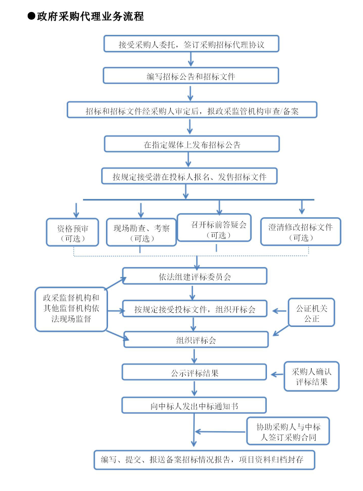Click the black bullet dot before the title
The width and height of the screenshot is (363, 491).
[x=31, y=16]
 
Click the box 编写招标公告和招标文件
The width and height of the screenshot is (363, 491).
[x=191, y=76]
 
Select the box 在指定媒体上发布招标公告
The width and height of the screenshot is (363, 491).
[x=192, y=144]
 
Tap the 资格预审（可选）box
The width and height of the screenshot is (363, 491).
[x=73, y=232]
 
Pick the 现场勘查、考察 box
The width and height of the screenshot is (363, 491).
[x=141, y=232]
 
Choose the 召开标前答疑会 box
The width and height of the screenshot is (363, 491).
[x=214, y=228]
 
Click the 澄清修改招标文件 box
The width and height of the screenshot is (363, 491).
[x=301, y=232]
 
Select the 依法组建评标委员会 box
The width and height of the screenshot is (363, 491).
[x=195, y=276]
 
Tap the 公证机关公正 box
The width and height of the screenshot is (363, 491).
[x=311, y=312]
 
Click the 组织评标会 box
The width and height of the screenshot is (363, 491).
[x=196, y=340]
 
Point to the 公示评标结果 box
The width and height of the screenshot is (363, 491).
[x=194, y=372]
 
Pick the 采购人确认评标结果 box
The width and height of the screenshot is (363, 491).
[x=311, y=376]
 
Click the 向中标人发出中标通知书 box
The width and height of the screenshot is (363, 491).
[x=194, y=405]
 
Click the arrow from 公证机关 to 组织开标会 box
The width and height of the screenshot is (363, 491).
[x=279, y=311]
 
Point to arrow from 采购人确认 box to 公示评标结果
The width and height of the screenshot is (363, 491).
[x=277, y=374]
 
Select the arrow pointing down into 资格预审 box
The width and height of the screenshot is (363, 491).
[x=76, y=210]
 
